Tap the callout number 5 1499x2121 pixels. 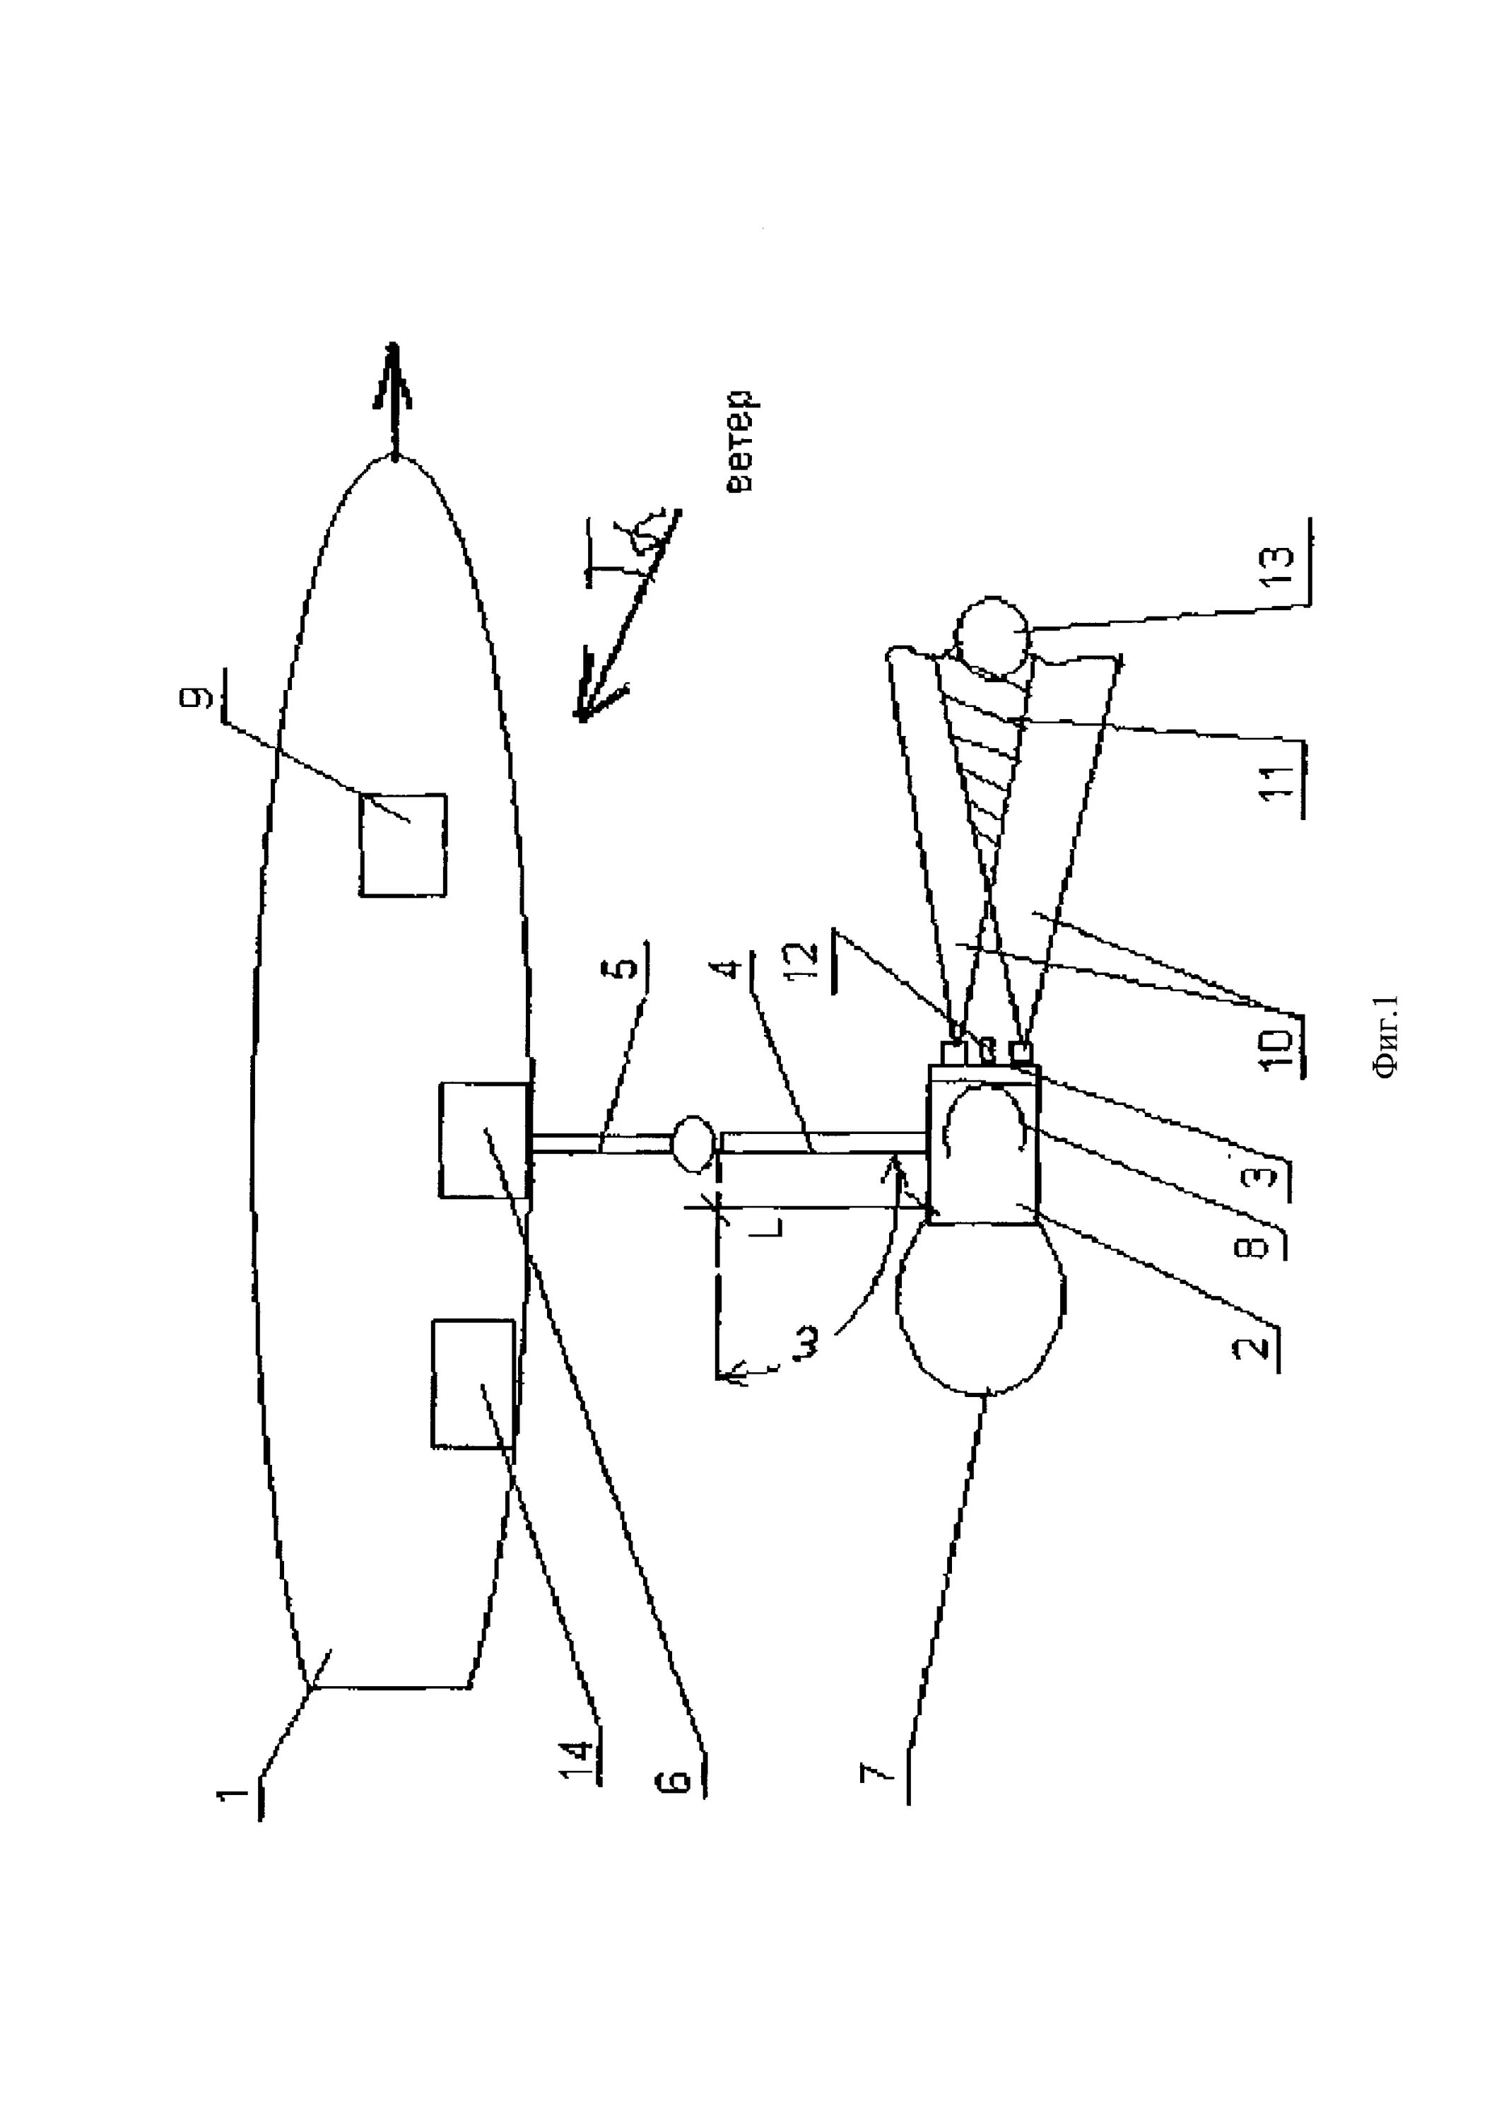click(x=625, y=966)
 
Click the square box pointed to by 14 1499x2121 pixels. click(x=473, y=1383)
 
